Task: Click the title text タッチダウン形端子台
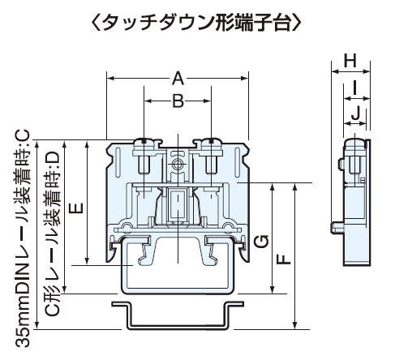[x=197, y=23]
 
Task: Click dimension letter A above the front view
[x=178, y=78]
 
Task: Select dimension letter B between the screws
[x=178, y=101]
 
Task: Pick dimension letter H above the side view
[x=350, y=61]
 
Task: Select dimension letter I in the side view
[x=356, y=88]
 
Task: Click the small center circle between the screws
[x=178, y=164]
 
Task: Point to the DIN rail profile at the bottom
[x=178, y=315]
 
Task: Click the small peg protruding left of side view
[x=335, y=225]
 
